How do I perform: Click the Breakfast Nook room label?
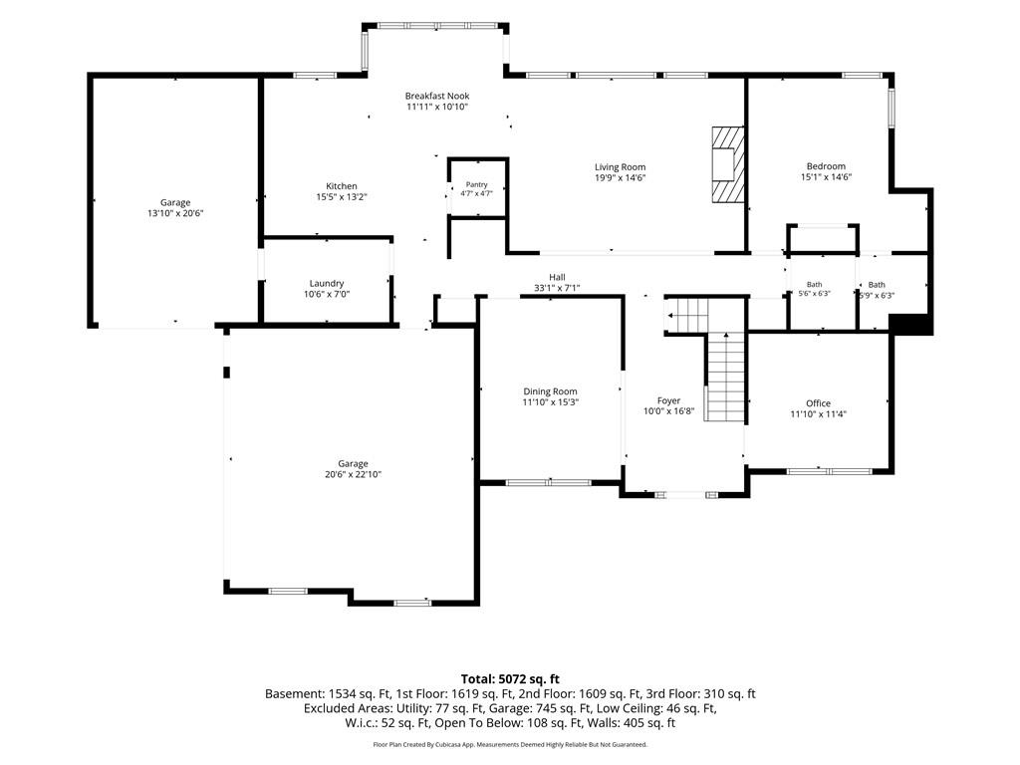pos(437,96)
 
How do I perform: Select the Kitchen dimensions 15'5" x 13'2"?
pos(342,197)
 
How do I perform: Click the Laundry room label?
pos(327,284)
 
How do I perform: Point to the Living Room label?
pos(620,167)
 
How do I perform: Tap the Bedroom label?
pos(826,166)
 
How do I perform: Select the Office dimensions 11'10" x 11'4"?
pos(819,414)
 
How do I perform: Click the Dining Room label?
pos(550,391)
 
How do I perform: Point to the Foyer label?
pos(668,401)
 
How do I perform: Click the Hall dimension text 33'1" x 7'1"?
pos(557,288)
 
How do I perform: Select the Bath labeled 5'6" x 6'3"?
pos(815,289)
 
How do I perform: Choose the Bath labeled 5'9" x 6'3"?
pos(877,290)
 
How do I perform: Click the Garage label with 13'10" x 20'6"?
pos(175,203)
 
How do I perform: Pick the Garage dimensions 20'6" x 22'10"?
pos(354,475)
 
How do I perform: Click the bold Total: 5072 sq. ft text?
pos(510,679)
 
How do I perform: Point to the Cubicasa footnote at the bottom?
pos(510,744)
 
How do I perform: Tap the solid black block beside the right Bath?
pos(910,325)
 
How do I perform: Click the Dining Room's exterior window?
pos(549,483)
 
